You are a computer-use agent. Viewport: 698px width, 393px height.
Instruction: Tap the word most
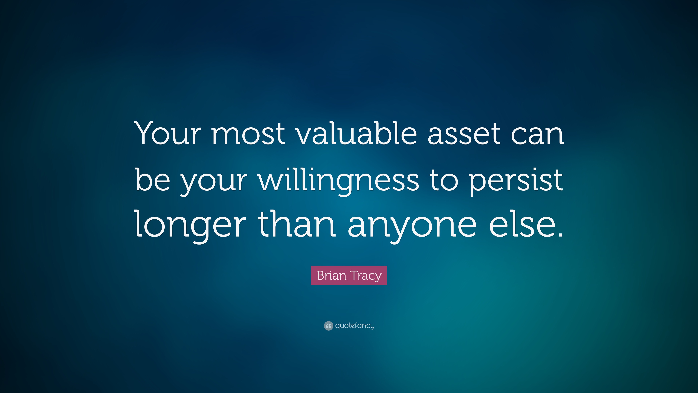point(248,134)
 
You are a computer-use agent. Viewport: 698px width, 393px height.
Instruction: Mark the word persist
point(516,180)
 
